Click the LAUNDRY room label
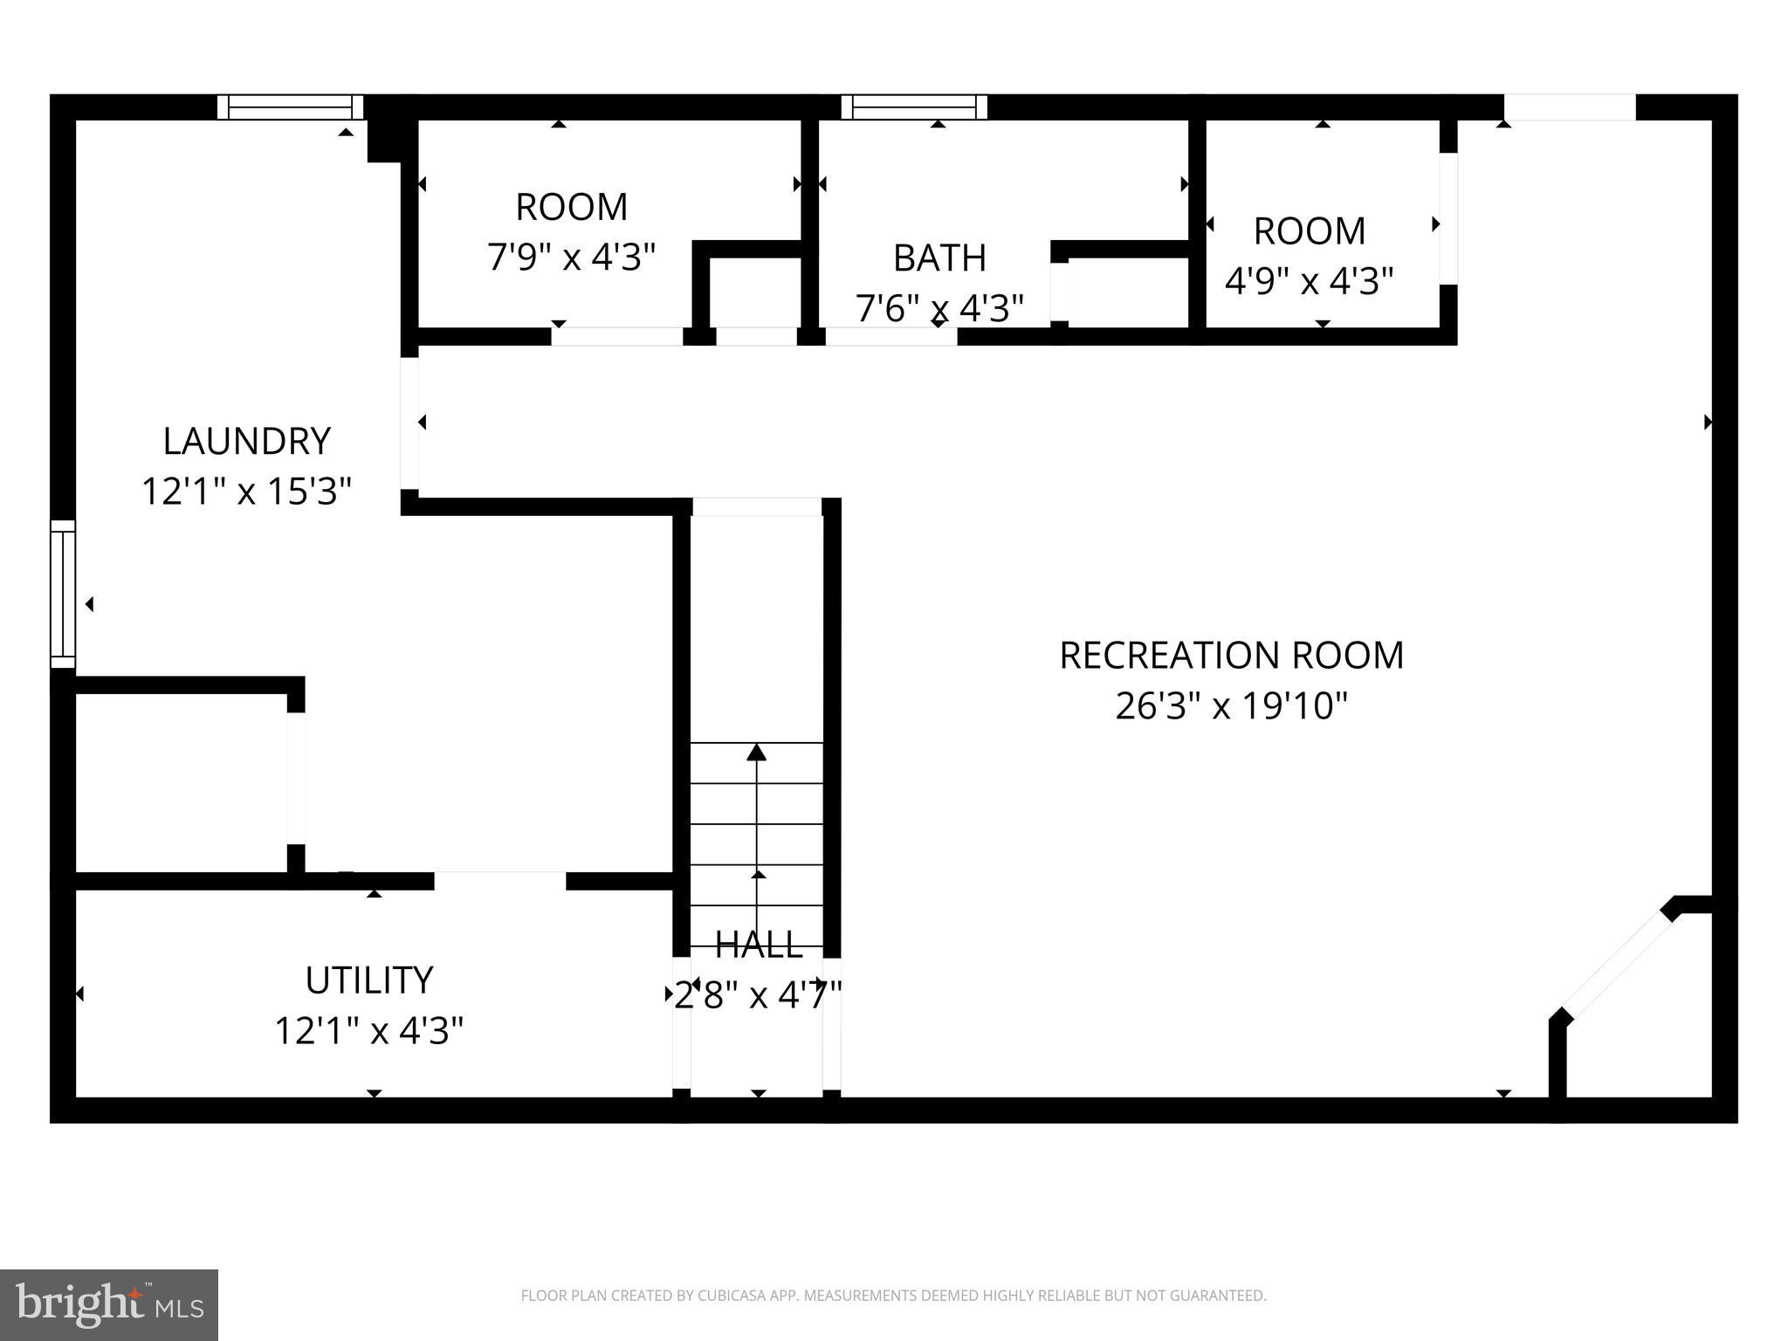246,441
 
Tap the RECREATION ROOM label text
1231,655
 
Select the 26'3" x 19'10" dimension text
1231,705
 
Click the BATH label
939,258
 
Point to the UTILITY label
368,980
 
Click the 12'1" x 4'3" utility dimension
368,1031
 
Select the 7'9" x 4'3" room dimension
571,258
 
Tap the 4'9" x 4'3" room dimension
1309,281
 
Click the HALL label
758,945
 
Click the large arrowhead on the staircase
757,752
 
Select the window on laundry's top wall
290,107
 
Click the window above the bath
914,107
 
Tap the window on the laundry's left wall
63,594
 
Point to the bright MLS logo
108,1304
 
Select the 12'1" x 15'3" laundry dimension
246,492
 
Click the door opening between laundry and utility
500,881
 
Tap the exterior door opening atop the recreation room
1569,107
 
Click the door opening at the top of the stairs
757,507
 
